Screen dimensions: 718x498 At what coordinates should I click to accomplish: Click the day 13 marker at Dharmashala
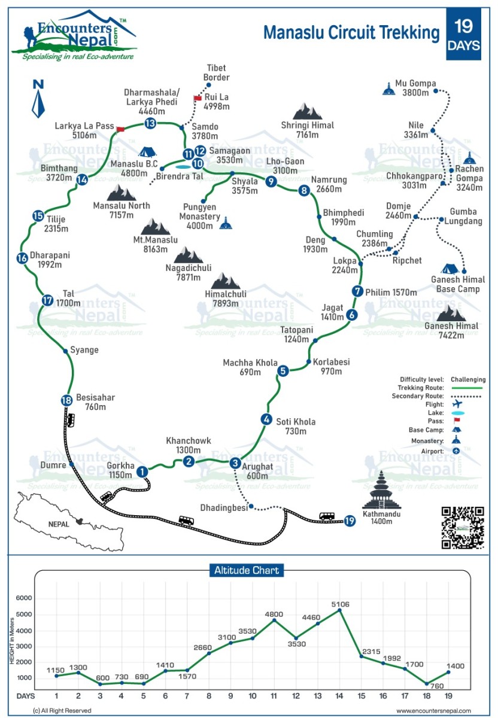(150, 123)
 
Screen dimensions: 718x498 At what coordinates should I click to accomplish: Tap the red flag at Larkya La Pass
(120, 129)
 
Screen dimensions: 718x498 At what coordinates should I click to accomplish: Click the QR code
(462, 528)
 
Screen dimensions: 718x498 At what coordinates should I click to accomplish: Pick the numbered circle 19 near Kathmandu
(350, 521)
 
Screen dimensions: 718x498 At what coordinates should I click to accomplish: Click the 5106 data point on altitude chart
(340, 610)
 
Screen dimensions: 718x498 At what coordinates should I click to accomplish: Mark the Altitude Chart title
(247, 570)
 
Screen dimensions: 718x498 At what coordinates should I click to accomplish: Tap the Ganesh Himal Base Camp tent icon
(451, 269)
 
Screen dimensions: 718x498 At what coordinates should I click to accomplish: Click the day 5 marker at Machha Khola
(283, 371)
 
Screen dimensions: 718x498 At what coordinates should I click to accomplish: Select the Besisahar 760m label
(95, 402)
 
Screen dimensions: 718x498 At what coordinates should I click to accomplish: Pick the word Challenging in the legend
(468, 379)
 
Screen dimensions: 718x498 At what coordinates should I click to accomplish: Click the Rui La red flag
(198, 98)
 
